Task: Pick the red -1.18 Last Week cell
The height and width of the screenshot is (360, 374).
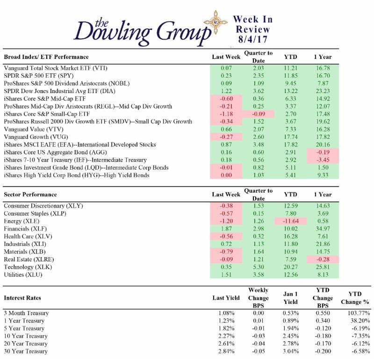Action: tap(226, 114)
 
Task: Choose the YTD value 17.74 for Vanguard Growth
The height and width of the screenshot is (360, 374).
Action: tap(291, 137)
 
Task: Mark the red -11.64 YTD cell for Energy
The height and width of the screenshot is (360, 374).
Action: tap(291, 221)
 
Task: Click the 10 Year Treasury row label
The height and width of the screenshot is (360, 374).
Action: tap(26, 336)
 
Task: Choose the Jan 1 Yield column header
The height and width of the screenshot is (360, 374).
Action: tap(291, 298)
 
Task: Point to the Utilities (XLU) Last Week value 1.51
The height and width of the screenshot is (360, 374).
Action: tap(226, 274)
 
